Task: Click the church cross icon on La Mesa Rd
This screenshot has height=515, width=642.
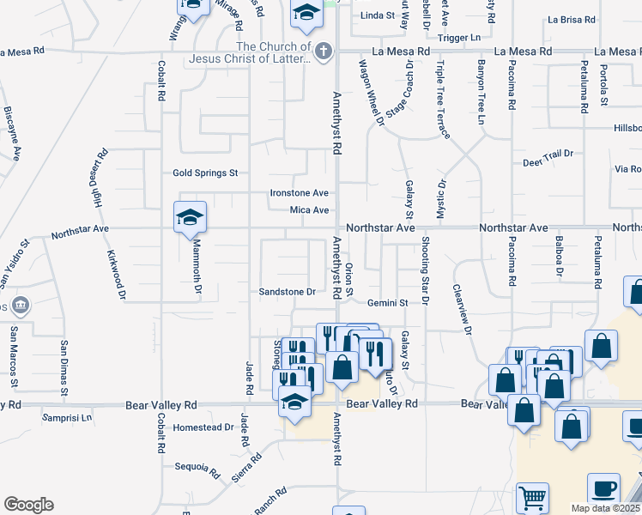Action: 324,51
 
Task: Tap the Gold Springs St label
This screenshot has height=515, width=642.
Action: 204,173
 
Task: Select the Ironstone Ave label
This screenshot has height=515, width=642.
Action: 300,193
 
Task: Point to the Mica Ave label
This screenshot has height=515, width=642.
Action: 309,210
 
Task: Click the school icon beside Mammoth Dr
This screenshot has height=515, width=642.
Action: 190,218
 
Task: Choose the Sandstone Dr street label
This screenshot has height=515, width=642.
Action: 288,292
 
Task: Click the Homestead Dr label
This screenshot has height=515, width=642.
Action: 203,427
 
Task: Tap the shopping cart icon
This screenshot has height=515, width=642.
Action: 532,499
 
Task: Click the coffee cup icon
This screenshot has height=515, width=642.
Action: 603,488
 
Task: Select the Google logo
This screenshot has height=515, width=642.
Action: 28,505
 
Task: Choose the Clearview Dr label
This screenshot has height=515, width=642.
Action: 463,309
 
